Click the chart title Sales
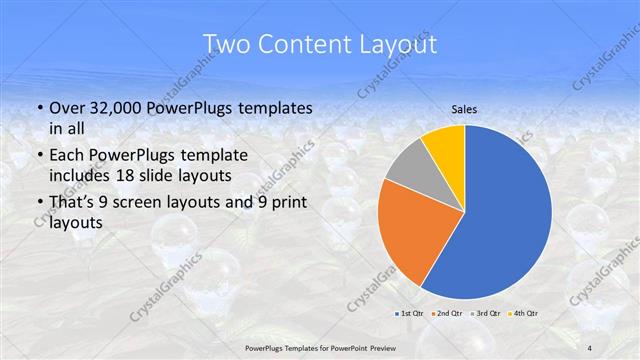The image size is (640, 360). point(465,111)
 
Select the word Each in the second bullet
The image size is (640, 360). point(68,155)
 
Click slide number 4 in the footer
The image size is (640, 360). point(590,347)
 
